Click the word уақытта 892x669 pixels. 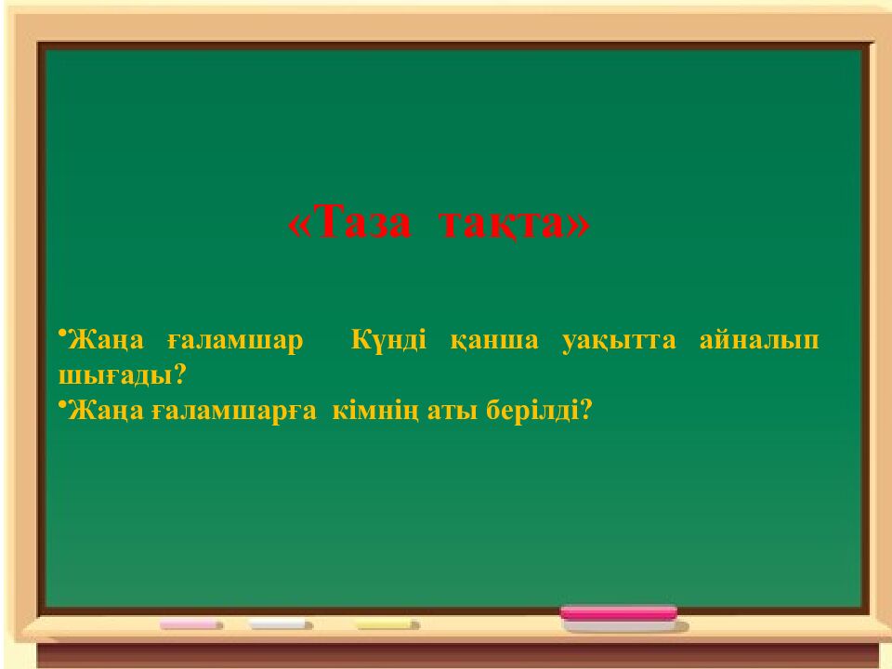(619, 341)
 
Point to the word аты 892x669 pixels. (450, 410)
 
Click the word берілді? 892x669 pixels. (538, 410)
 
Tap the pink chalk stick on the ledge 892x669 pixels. (191, 624)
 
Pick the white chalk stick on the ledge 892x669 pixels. (280, 624)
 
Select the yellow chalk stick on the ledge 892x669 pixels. (388, 624)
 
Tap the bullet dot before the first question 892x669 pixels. (61, 333)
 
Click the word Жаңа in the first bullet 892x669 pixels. (105, 341)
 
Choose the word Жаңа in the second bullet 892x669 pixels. (105, 410)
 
